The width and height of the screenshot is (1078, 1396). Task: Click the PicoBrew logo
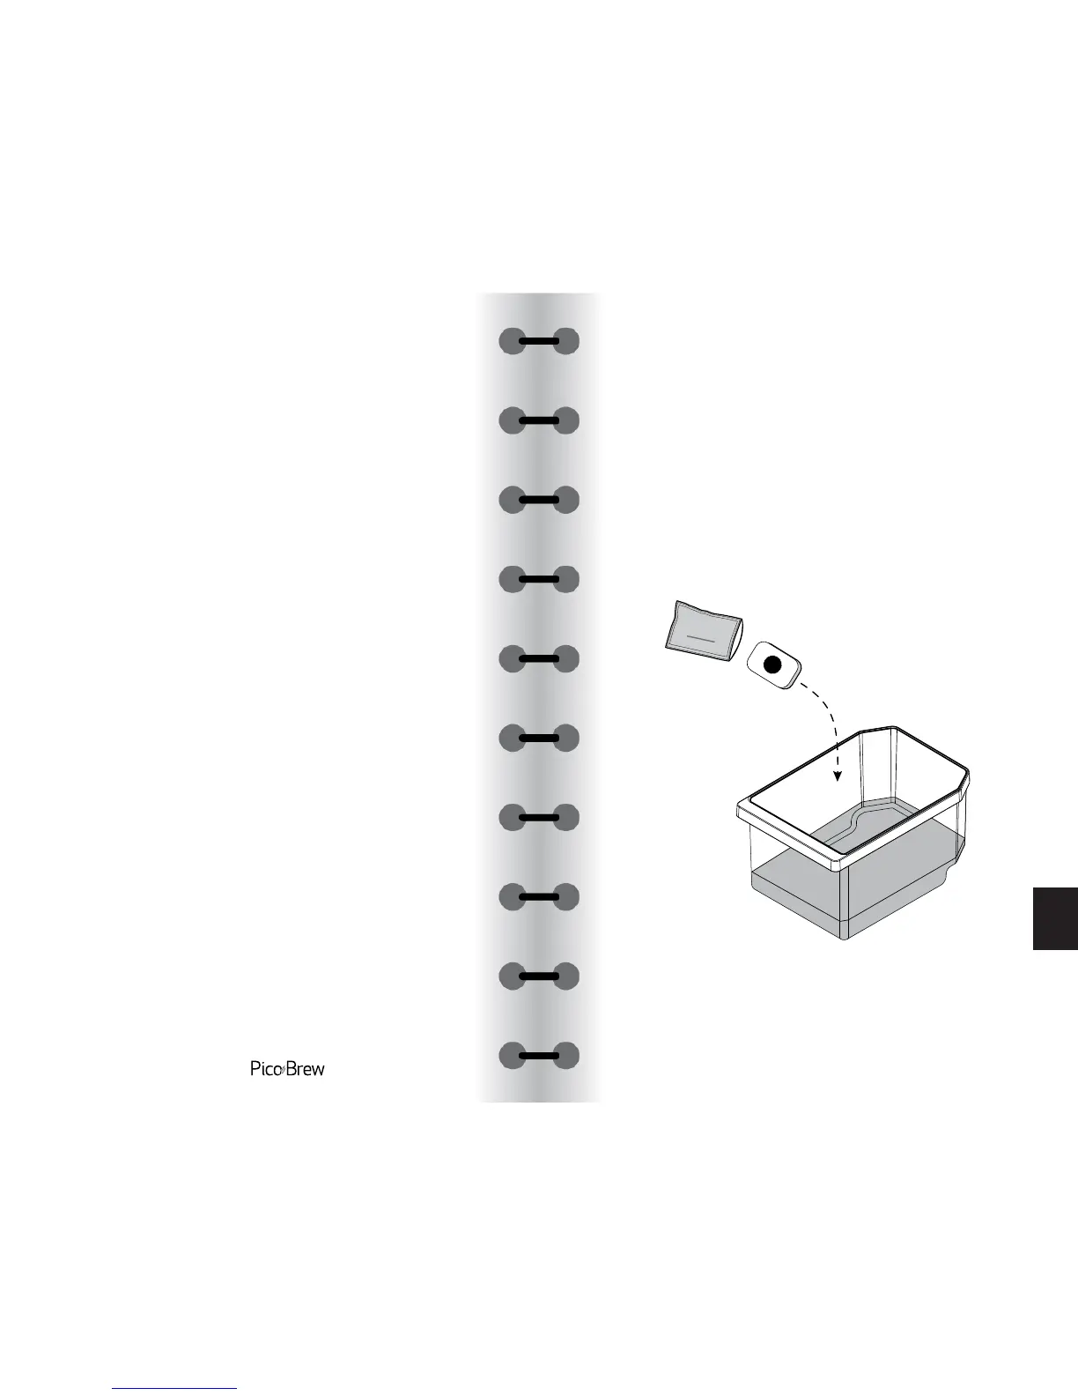click(x=287, y=1069)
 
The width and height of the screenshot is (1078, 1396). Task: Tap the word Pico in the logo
click(x=264, y=1069)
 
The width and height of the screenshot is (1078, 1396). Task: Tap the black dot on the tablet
click(x=772, y=665)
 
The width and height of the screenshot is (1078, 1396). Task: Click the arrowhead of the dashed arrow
click(x=838, y=776)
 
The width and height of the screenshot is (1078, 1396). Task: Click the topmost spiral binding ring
click(x=539, y=341)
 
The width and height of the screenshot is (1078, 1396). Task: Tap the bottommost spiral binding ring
click(x=539, y=1055)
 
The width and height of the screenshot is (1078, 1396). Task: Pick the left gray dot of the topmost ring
click(x=512, y=341)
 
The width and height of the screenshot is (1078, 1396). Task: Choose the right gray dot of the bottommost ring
click(x=566, y=1055)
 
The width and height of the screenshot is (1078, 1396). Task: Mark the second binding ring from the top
click(x=539, y=420)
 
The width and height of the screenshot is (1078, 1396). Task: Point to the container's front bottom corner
click(x=844, y=938)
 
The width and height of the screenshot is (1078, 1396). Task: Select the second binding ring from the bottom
click(x=539, y=976)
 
